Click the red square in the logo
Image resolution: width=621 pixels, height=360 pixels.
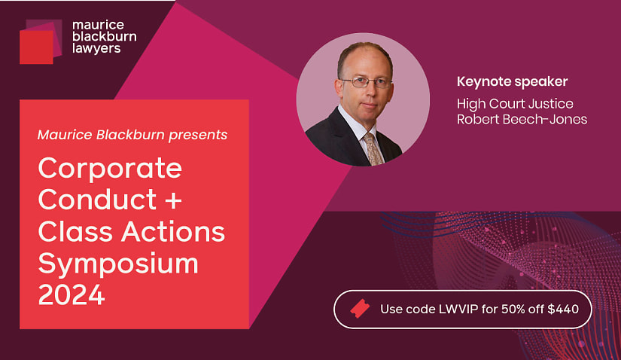pyautogui.click(x=36, y=47)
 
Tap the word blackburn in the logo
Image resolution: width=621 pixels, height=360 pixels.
pyautogui.click(x=105, y=37)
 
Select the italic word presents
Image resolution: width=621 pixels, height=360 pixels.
pyautogui.click(x=198, y=136)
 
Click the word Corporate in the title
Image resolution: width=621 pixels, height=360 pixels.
pyautogui.click(x=110, y=169)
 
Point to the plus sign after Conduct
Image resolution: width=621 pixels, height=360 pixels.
pyautogui.click(x=173, y=200)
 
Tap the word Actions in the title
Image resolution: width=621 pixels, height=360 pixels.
pyautogui.click(x=173, y=231)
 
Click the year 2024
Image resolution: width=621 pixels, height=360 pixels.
pyautogui.click(x=72, y=295)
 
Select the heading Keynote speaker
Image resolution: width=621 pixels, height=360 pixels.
pyautogui.click(x=513, y=82)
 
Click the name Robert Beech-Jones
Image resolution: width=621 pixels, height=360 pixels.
pyautogui.click(x=522, y=119)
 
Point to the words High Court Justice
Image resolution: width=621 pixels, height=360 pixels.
pyautogui.click(x=516, y=104)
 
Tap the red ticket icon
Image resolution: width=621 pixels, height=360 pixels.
pyautogui.click(x=360, y=309)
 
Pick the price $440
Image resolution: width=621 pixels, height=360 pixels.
pyautogui.click(x=563, y=310)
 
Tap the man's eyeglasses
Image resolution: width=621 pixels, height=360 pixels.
pyautogui.click(x=367, y=82)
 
